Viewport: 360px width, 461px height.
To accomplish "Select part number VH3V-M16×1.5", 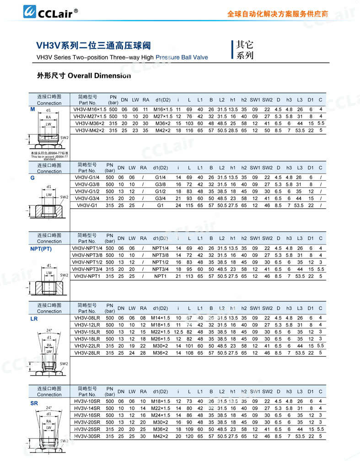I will [91, 109].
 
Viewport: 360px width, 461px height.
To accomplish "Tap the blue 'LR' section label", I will [34, 319].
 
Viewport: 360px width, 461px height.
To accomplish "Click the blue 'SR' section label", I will [34, 403].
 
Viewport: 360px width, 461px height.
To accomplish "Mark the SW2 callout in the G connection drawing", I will [64, 197].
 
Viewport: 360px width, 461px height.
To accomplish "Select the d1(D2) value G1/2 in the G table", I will [160, 191].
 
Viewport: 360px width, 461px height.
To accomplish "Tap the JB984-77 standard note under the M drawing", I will [49, 155].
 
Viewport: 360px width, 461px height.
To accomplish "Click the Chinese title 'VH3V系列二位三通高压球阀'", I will [93, 46].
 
